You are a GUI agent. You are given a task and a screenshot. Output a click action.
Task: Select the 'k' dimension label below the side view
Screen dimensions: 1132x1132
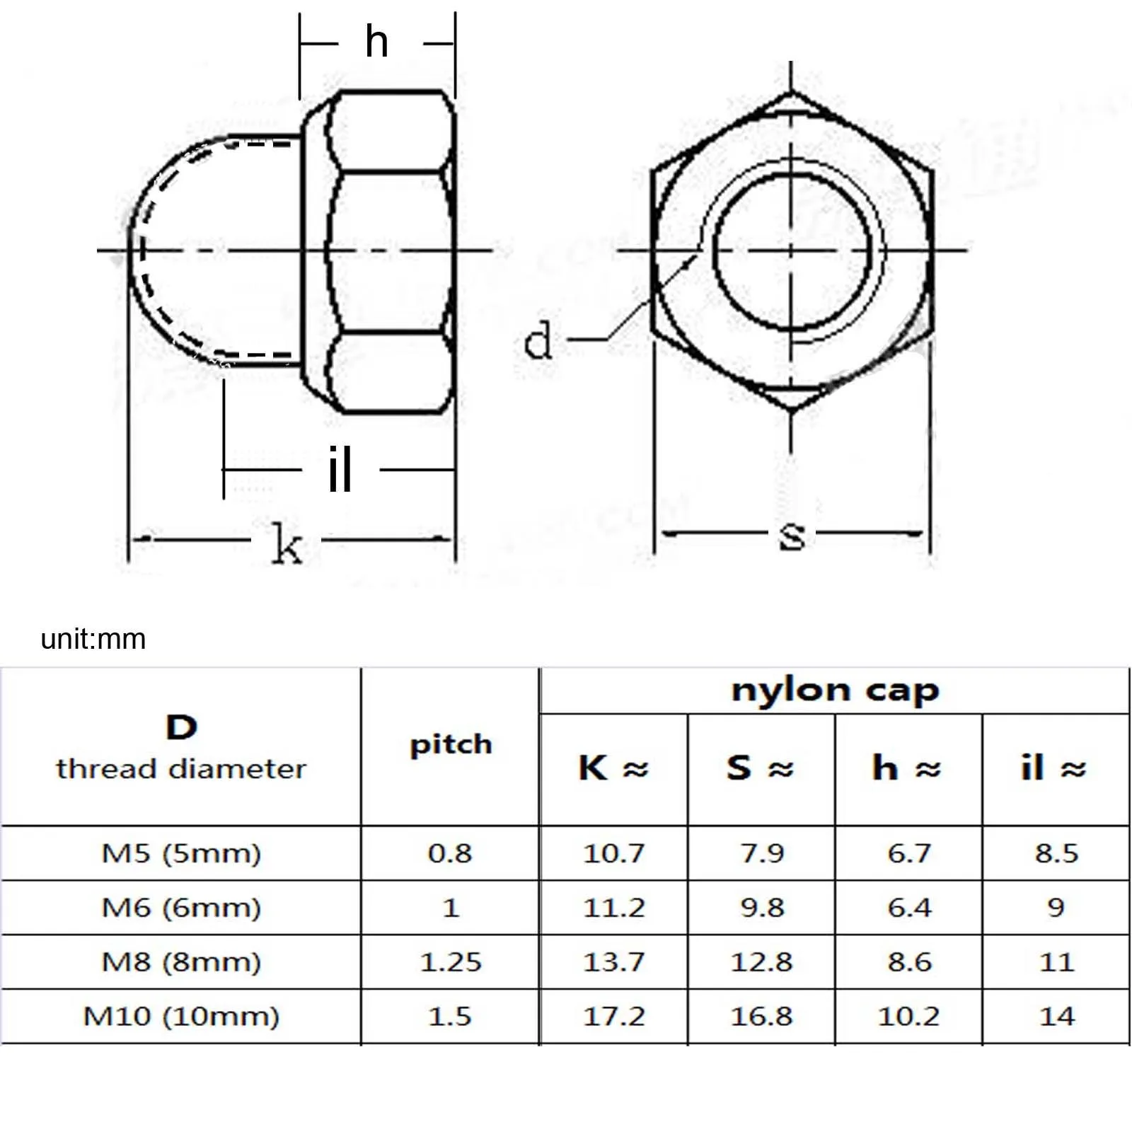pos(287,543)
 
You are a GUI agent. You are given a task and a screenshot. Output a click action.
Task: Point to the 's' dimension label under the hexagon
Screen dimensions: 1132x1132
pos(792,536)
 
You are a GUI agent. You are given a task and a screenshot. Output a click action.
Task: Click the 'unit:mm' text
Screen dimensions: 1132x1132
pos(93,639)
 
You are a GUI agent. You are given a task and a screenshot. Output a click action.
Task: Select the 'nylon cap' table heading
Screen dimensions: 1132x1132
pos(835,691)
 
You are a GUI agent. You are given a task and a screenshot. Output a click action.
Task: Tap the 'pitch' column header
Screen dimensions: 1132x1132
pos(451,745)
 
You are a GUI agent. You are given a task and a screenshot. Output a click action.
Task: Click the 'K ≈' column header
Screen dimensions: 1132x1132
pos(613,768)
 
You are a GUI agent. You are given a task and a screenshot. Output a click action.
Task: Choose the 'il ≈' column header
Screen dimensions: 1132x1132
pos(1053,768)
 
